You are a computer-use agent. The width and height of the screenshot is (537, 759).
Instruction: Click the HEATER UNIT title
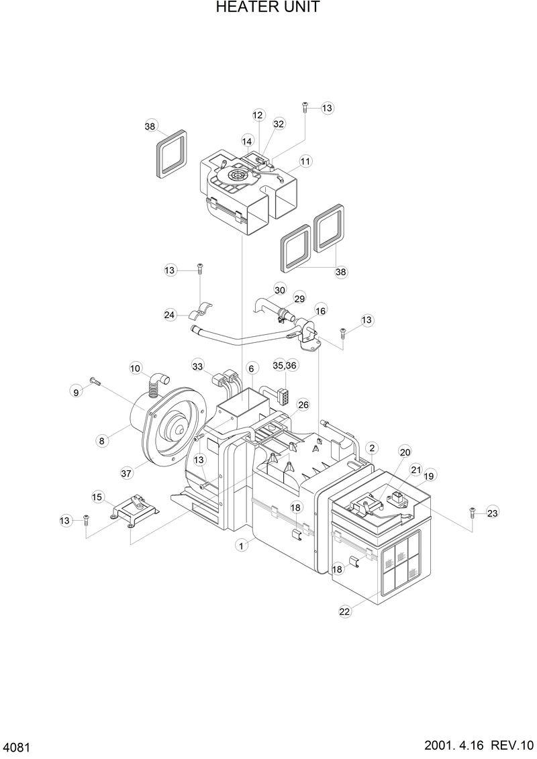click(268, 8)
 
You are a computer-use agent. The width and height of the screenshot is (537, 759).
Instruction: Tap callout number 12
click(258, 115)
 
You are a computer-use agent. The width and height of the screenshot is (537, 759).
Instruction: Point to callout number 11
click(305, 161)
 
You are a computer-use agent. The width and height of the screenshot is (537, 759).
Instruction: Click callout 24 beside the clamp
click(170, 314)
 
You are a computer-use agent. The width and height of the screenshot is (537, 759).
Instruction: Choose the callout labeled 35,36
click(285, 365)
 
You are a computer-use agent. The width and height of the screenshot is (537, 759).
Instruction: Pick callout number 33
click(197, 366)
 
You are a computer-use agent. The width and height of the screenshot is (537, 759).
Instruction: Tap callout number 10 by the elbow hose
click(136, 368)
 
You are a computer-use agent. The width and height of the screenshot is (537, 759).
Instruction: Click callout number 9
click(76, 391)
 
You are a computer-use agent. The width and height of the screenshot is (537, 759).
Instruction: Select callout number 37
click(126, 473)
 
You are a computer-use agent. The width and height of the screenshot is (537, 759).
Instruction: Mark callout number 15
click(98, 497)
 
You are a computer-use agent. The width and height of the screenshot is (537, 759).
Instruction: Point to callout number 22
click(344, 611)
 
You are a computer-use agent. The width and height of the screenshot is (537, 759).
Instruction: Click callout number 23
click(493, 513)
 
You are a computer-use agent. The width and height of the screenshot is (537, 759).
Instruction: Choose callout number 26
click(303, 405)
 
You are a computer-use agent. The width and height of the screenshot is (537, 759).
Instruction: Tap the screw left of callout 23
click(472, 511)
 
